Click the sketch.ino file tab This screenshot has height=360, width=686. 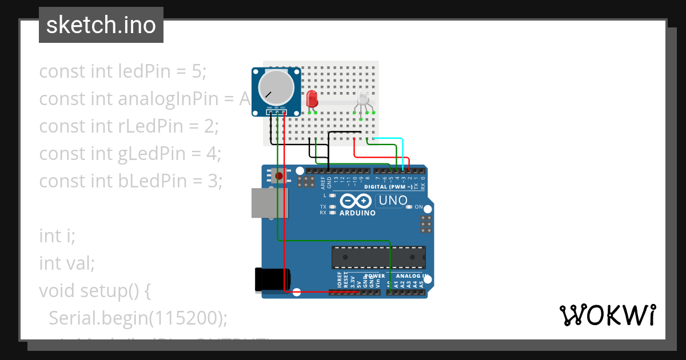point(101,25)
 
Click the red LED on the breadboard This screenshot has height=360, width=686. point(312,99)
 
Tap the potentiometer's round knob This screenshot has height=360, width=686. point(276,90)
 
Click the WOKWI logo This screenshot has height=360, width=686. point(607,315)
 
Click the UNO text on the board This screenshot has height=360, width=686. point(393,201)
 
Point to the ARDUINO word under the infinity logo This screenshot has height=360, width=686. point(357,213)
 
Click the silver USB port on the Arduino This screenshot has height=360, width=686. point(269,203)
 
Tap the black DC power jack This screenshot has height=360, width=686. point(272,279)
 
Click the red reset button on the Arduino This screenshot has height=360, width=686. point(279,175)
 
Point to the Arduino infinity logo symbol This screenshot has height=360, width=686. point(357,201)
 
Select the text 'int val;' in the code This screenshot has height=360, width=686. point(66,263)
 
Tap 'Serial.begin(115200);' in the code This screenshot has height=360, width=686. point(138,318)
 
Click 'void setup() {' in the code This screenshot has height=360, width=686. point(94,291)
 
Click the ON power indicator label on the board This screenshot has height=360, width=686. point(418,207)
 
